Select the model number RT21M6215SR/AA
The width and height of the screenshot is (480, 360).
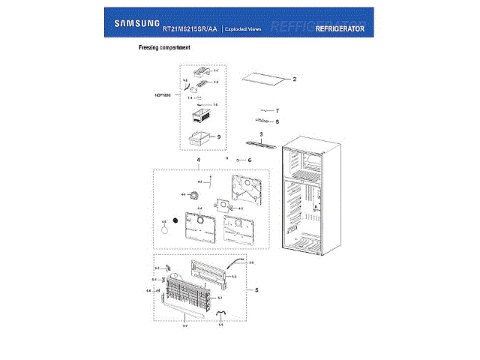190,28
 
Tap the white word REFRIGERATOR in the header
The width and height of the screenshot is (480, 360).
340,28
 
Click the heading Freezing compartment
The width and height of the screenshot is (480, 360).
164,47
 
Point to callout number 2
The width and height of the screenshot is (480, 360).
295,79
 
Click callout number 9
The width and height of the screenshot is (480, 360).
218,137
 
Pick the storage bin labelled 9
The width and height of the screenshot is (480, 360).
199,138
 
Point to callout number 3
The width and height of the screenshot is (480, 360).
260,134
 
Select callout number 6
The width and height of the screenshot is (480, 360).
250,160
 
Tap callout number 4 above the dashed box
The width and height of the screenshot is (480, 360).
198,160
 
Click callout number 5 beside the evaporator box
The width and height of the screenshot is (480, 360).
256,289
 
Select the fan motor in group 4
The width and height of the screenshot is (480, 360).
196,196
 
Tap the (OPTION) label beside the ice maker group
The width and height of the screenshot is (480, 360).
163,95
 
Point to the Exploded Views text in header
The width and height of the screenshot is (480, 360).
244,28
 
